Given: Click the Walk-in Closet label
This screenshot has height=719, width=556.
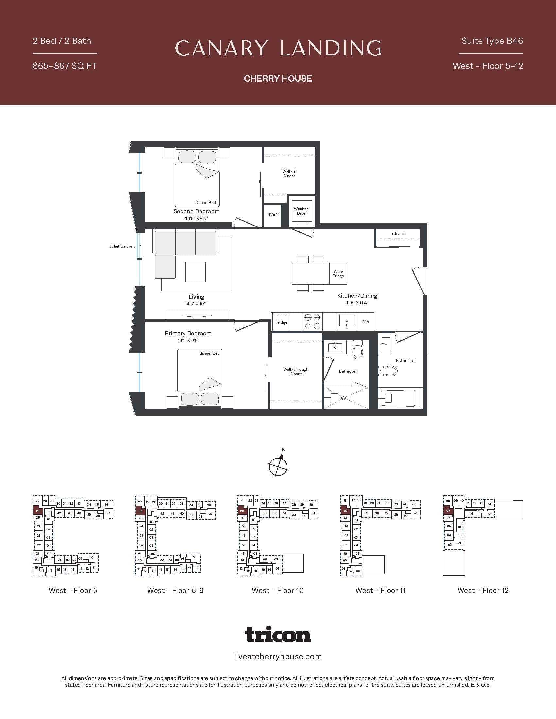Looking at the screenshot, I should pos(289,173).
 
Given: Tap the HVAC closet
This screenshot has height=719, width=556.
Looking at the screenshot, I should pos(272,215).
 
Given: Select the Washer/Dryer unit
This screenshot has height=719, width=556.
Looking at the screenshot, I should pos(302,211).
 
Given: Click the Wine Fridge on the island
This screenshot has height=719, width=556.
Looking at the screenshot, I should pos(338,274).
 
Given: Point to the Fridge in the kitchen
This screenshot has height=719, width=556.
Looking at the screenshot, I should pos(281,322).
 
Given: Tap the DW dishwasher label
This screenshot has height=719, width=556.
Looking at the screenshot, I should pos(366,322).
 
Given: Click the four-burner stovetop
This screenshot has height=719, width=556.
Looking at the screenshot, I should pos(312,322).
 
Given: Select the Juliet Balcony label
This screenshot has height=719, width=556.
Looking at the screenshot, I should pos(122,246).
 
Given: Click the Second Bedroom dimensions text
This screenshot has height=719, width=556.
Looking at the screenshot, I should pos(196,218).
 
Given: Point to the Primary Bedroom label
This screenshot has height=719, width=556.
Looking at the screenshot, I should pos(188,333).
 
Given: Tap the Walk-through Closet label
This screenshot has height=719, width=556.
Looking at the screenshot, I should pos(295,371).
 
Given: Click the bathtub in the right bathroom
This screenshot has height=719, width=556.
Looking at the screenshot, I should pos(400,398).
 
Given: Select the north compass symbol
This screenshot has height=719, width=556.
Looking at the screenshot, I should pos(279,465).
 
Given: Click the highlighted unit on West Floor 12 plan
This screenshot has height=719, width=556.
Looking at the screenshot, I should pos(448,511).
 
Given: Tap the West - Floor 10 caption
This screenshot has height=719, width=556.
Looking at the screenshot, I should pos(277,590).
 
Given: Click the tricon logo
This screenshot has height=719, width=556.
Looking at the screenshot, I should pos(278,634).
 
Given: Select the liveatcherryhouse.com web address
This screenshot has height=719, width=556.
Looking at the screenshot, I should pos(278,657).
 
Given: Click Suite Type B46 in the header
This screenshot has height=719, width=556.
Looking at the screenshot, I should pos(492,41).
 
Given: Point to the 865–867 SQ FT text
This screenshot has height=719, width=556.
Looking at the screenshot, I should pos(64,66).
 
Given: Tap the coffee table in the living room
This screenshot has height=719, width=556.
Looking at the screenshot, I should pos(195,272).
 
